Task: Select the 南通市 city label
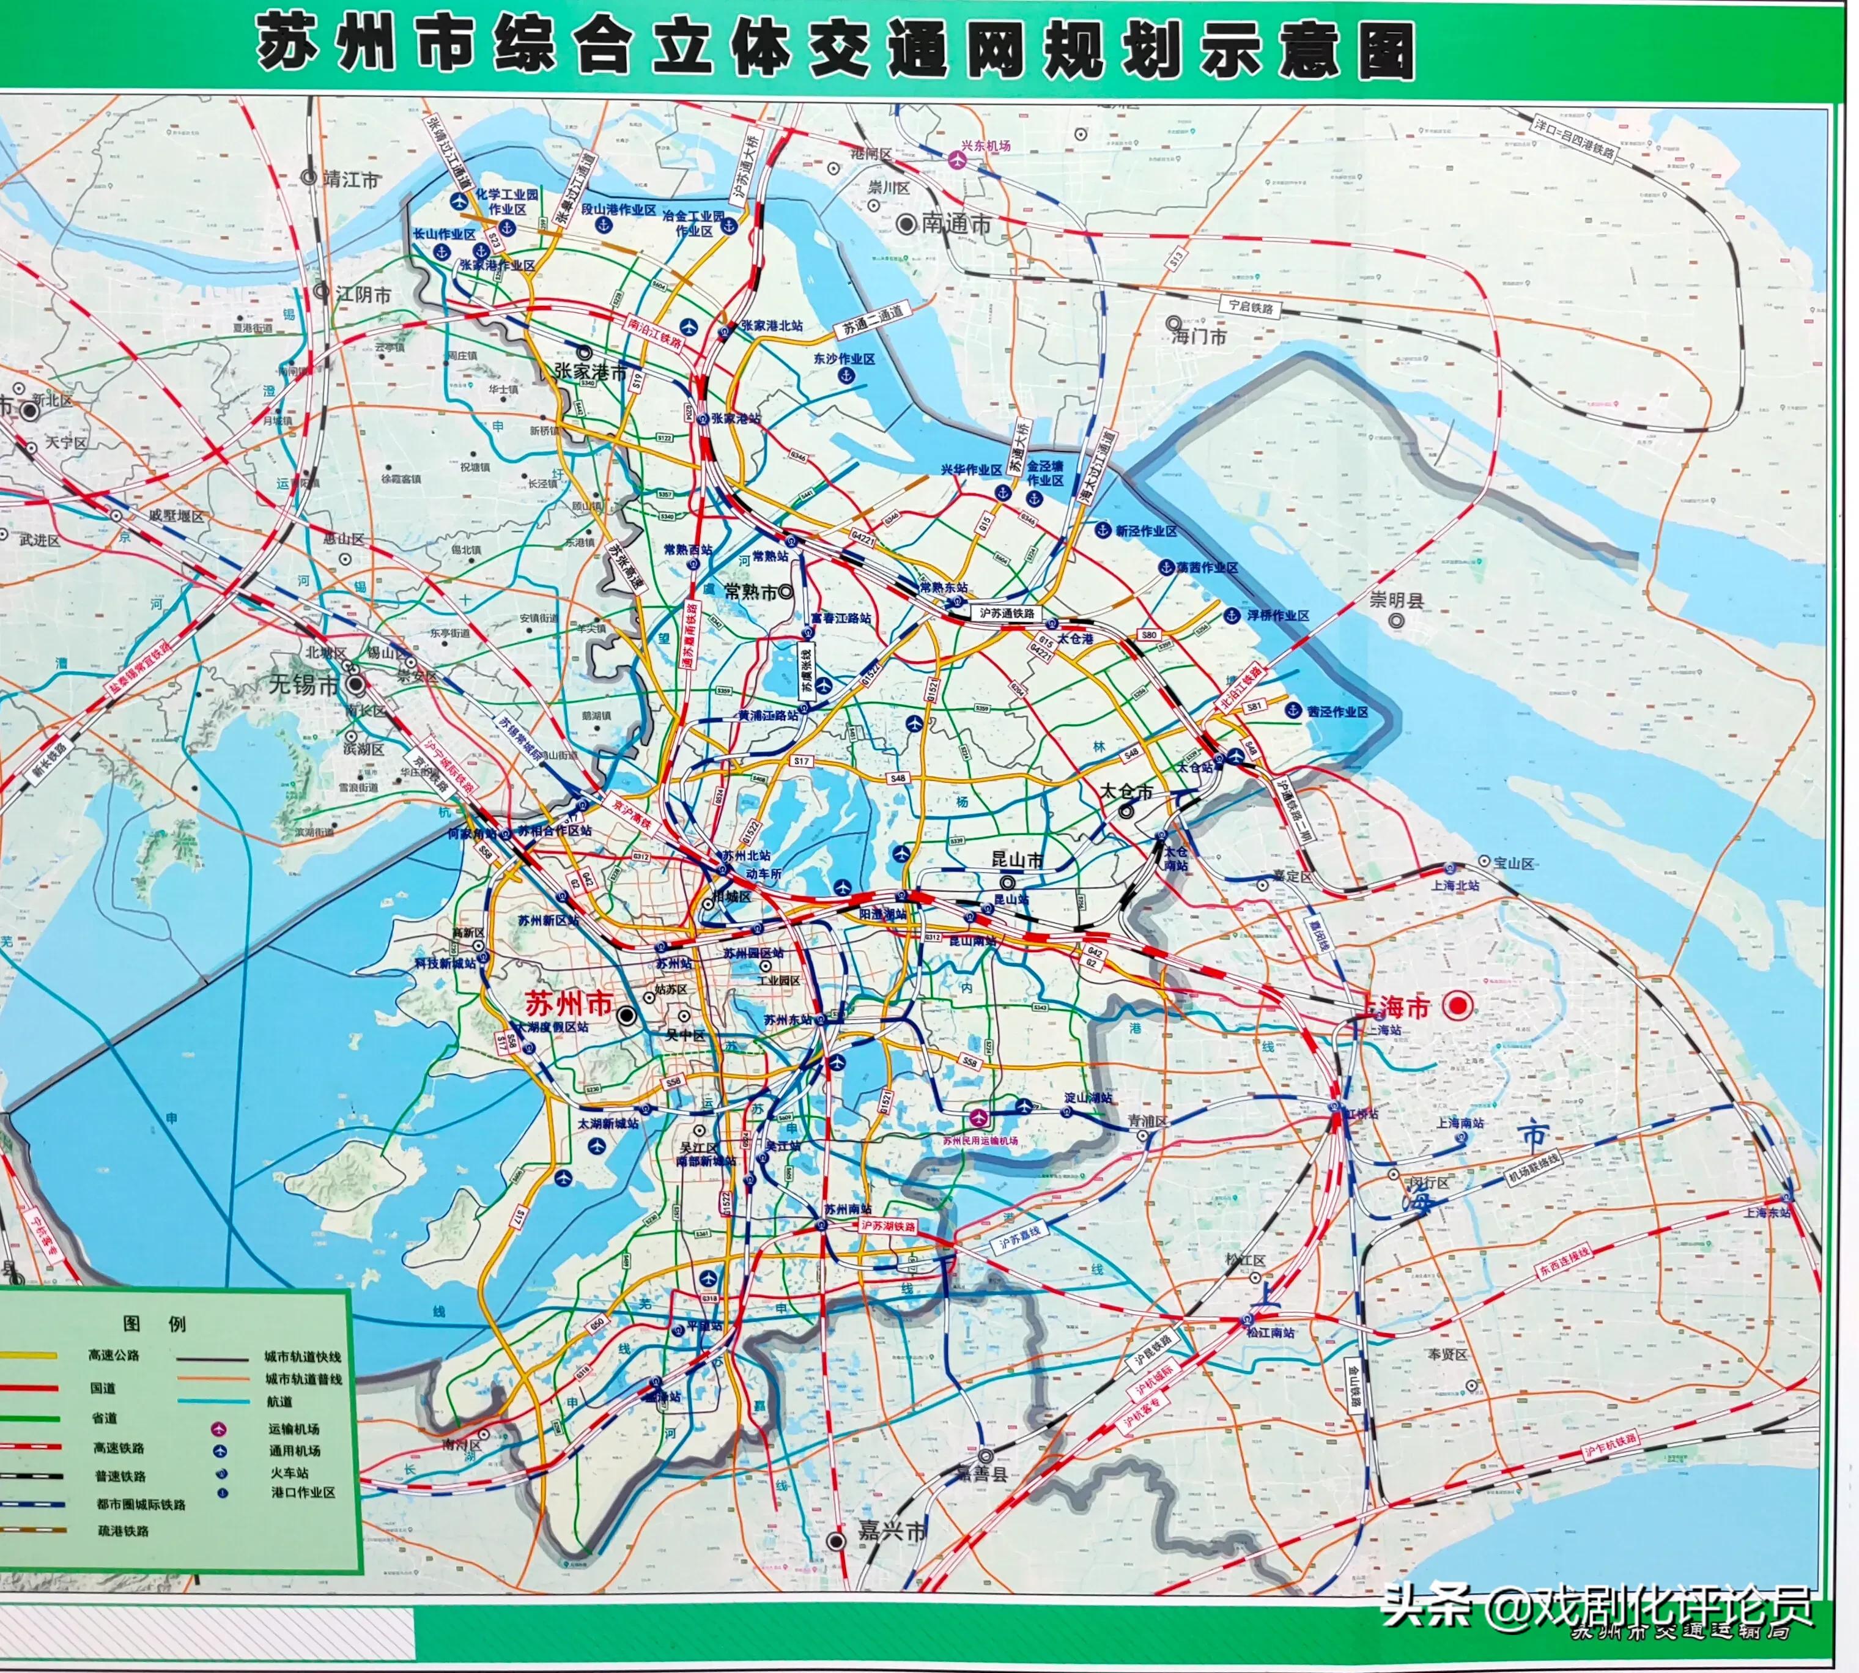[x=957, y=223]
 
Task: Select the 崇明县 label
[x=1397, y=601]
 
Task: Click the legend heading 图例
[x=155, y=1324]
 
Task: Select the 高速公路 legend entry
[x=114, y=1355]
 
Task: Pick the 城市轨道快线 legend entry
[x=303, y=1357]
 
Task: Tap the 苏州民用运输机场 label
[x=980, y=1141]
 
